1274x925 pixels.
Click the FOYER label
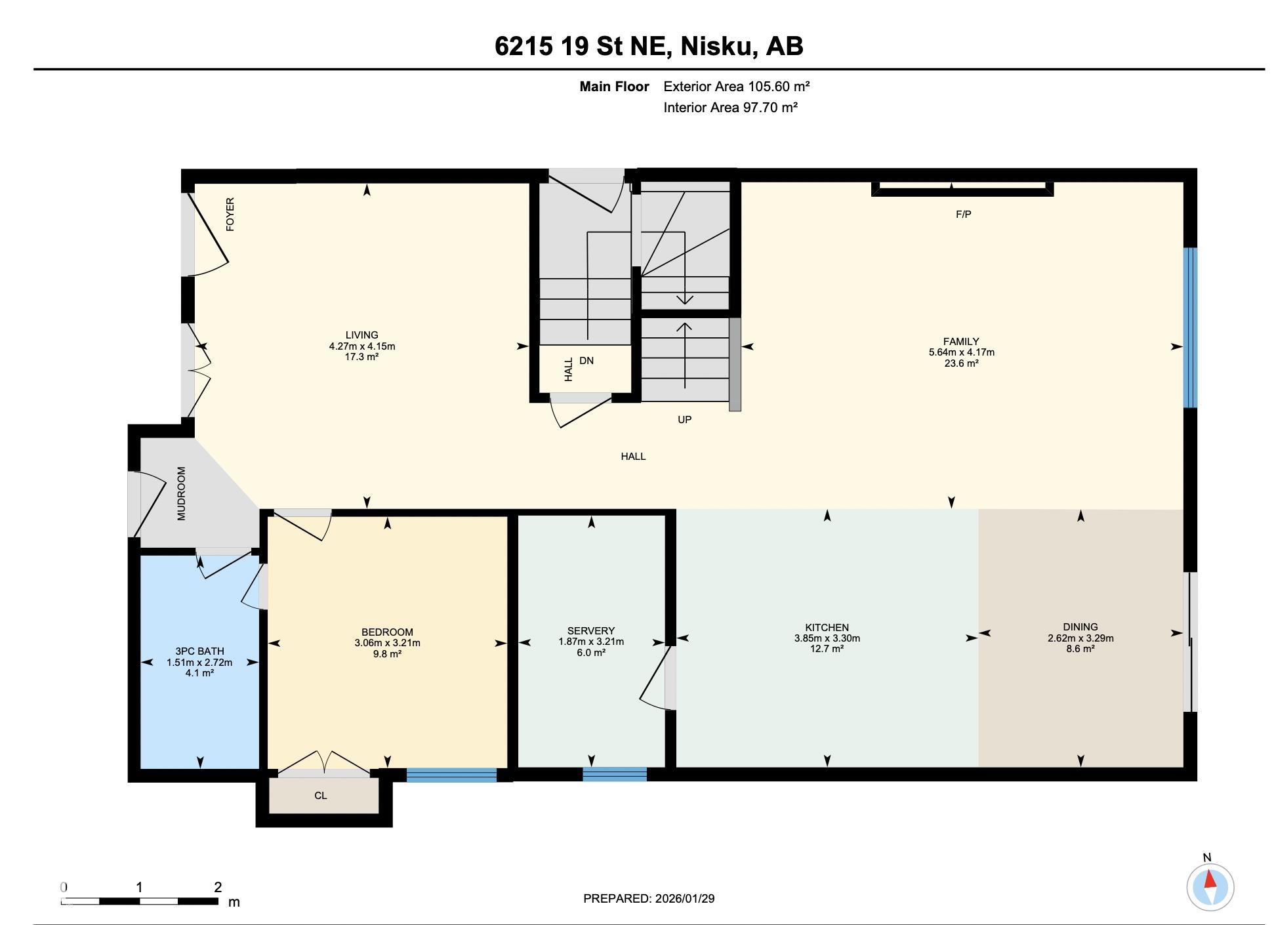pos(230,214)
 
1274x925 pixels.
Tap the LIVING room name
pos(362,335)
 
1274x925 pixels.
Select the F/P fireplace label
pos(963,214)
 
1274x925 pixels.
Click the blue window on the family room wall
pos(1190,327)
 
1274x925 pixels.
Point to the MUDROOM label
pos(182,493)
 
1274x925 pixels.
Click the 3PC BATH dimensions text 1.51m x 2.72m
pos(199,662)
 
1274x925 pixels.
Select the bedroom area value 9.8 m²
pos(387,653)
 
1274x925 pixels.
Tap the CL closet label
pos(320,796)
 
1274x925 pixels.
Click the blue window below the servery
pos(615,774)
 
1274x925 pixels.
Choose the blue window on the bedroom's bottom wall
pos(451,775)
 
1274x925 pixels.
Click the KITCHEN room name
pos(827,627)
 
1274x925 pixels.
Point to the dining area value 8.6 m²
pos(1080,648)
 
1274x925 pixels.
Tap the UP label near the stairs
pos(684,419)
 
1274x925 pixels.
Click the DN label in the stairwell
pos(586,360)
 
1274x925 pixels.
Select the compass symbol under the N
pos(1210,887)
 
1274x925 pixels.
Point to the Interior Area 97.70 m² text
pos(730,108)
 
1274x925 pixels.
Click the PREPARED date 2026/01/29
pos(684,898)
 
